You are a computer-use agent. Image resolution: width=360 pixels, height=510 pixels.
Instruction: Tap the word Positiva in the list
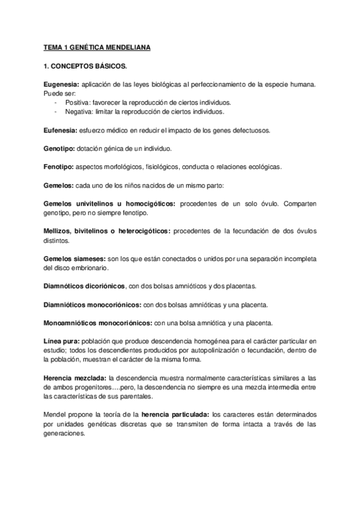[77, 102]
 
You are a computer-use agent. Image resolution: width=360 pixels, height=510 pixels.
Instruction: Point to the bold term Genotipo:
[59, 148]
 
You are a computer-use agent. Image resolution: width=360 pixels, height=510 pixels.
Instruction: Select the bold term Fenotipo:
[59, 167]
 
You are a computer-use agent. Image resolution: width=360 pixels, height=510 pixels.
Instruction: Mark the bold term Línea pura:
[61, 340]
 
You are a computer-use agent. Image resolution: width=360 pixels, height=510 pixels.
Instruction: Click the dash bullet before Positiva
[55, 102]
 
